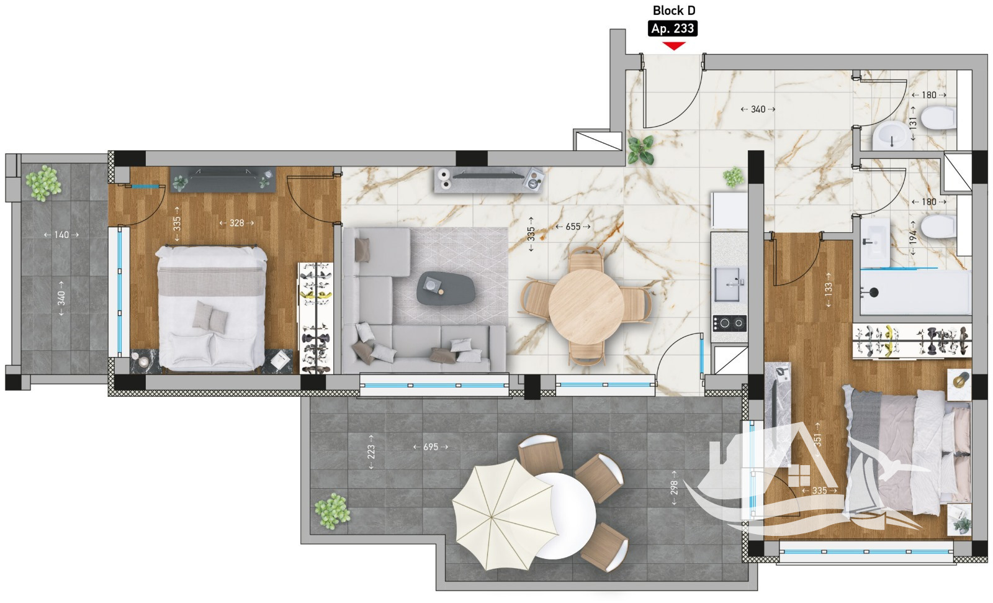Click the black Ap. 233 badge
point(673,29)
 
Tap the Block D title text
point(674,10)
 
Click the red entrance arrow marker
point(674,46)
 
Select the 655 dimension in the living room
point(573,227)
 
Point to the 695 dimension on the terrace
point(431,447)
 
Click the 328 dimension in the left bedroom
point(236,223)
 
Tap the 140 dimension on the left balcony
point(61,235)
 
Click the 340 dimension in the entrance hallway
point(758,109)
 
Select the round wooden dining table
point(586,306)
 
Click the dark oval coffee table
point(446,288)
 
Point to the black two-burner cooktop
point(729,324)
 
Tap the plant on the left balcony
point(43,183)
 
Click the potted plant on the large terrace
point(332,511)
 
